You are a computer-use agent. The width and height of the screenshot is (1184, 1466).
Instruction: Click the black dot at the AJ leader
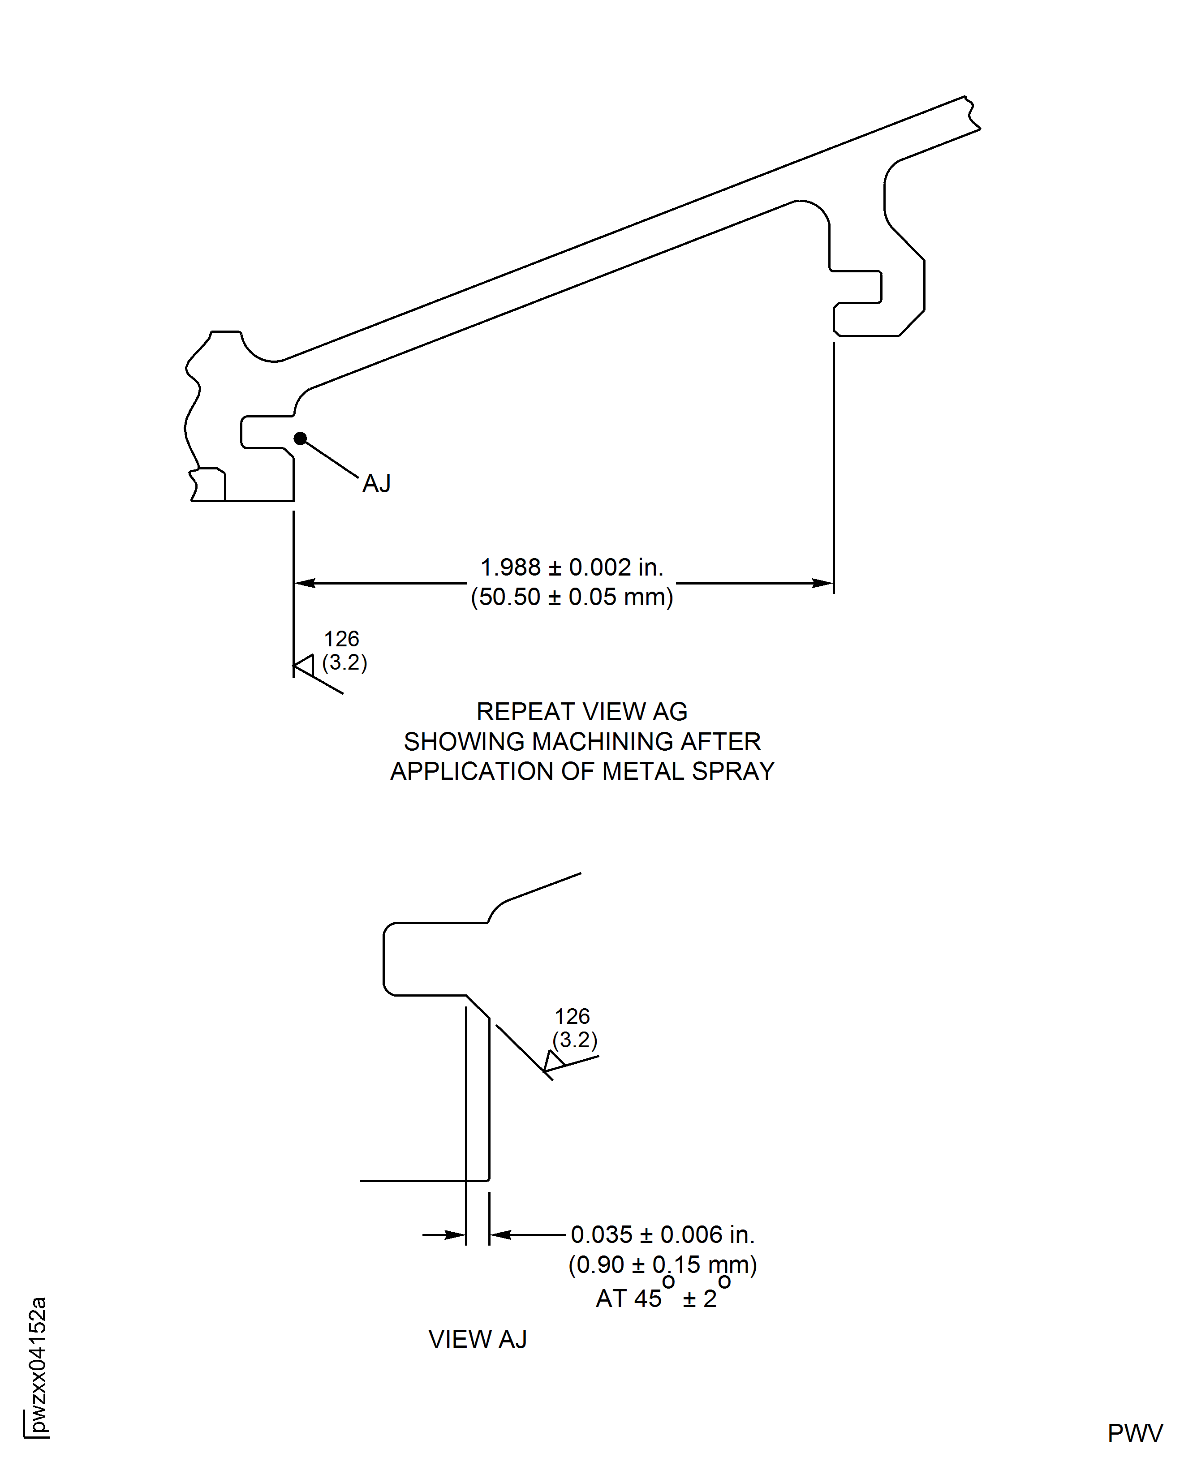pos(300,439)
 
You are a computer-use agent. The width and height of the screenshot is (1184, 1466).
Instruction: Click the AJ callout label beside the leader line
pos(376,483)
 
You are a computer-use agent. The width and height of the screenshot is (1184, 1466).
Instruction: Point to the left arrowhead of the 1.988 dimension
pos(304,583)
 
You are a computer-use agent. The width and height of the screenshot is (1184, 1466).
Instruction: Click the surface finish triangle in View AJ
pos(553,1061)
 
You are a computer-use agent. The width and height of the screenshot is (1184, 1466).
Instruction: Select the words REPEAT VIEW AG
pos(582,711)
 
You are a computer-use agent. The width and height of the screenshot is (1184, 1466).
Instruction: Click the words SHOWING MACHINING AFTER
pos(582,741)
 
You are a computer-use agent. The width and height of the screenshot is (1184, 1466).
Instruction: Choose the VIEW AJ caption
pos(478,1339)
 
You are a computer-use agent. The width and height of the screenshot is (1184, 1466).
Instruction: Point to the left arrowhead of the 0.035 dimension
pos(455,1235)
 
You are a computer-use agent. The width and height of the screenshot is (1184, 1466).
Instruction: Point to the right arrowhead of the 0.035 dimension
pos(500,1235)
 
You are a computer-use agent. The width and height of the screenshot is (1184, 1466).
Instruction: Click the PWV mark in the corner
pos(1135,1433)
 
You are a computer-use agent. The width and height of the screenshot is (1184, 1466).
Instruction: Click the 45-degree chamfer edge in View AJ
pos(478,1007)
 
